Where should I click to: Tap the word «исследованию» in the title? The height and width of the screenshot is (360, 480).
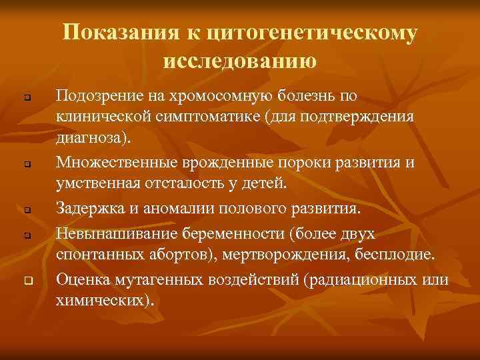239,61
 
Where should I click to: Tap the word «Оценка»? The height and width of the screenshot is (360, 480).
81,279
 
